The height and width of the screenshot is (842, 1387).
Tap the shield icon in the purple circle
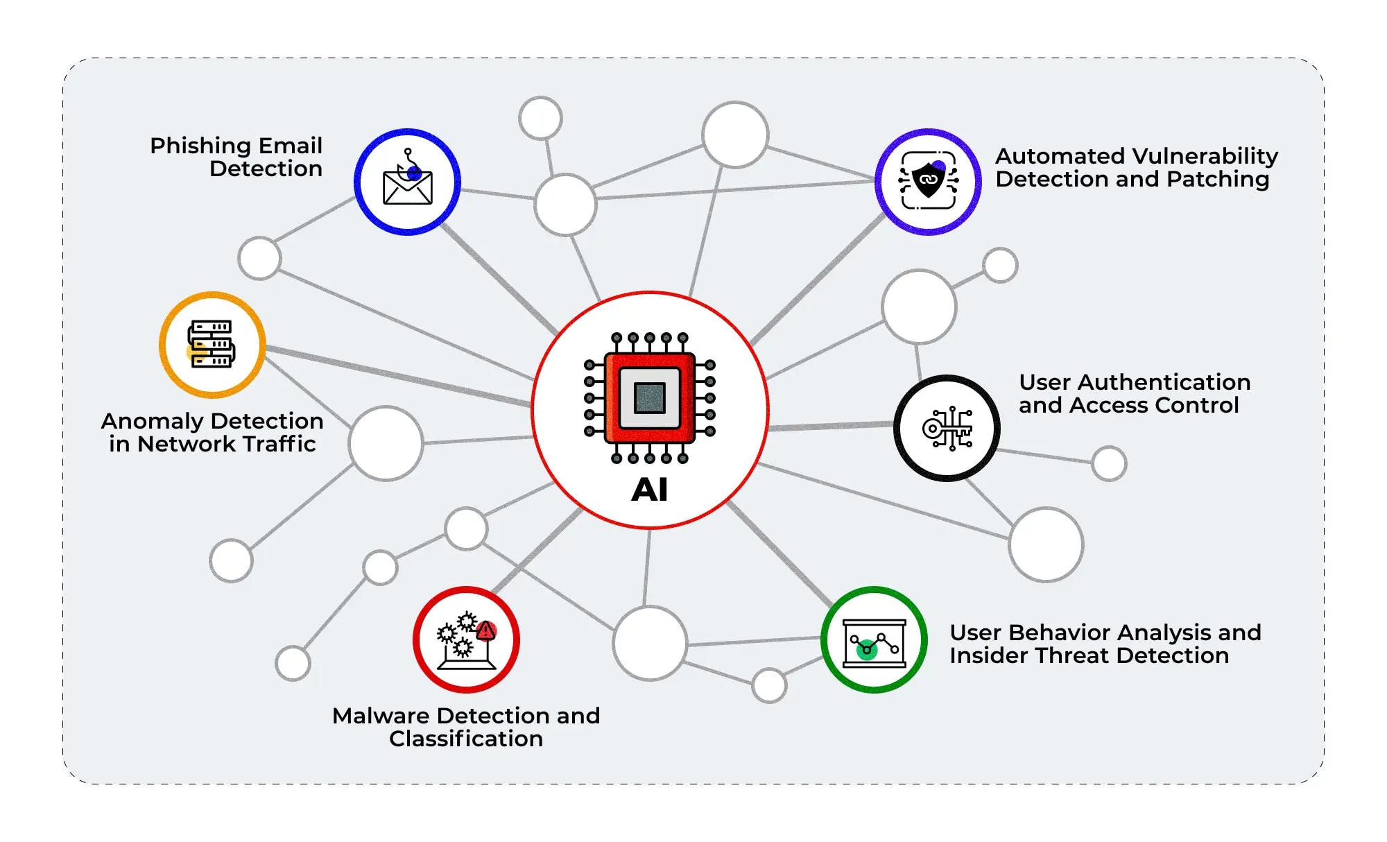[929, 180]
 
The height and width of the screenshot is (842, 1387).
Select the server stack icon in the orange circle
[212, 344]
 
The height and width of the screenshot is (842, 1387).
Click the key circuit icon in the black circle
[947, 428]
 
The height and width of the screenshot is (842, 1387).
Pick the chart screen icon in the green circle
[875, 643]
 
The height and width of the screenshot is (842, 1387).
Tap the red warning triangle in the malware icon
[486, 630]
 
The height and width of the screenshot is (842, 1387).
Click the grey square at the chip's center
[650, 398]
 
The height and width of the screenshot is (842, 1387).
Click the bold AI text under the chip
[650, 490]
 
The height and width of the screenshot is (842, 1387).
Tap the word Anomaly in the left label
[152, 422]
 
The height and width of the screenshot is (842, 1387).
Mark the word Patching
[1218, 180]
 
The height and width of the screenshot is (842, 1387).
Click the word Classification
[466, 739]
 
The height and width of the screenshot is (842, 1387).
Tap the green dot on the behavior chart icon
[867, 650]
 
